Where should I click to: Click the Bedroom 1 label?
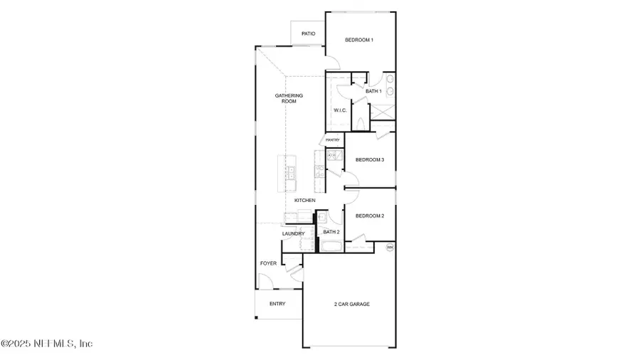click(359, 40)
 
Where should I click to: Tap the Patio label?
click(308, 33)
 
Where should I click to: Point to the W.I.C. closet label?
click(340, 110)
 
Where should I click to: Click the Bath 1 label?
click(374, 91)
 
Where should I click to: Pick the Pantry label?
click(333, 140)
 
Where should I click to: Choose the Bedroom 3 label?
click(370, 160)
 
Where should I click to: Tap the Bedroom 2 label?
click(370, 216)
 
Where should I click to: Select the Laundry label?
click(293, 233)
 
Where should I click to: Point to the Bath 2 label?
click(331, 232)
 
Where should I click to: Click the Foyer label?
click(268, 263)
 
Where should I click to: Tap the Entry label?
click(277, 304)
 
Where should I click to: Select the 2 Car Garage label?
click(352, 304)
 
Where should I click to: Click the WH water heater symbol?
click(390, 247)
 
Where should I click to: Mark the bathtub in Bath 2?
click(331, 246)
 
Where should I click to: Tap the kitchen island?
click(289, 174)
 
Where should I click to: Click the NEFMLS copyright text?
click(47, 344)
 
